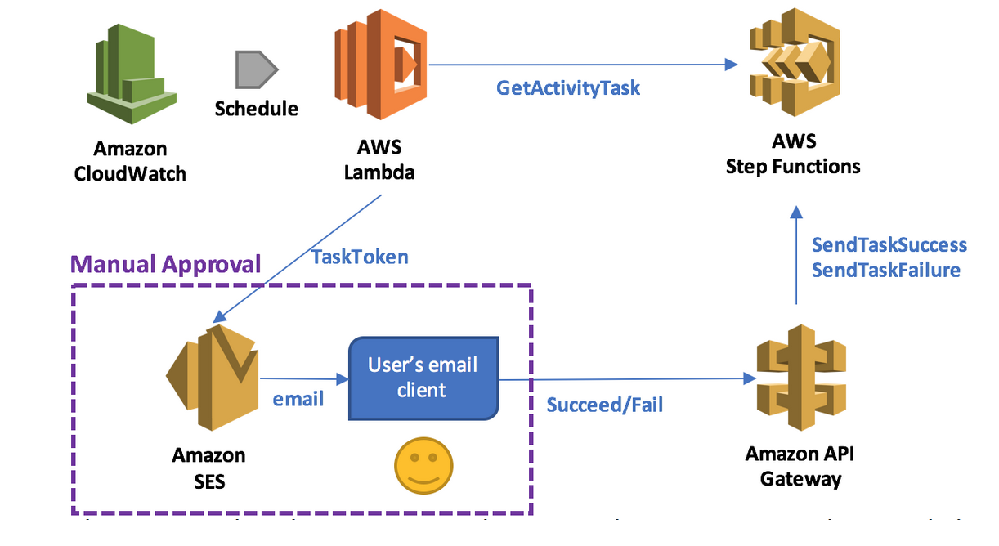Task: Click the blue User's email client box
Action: tap(423, 378)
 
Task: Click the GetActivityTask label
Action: tap(568, 87)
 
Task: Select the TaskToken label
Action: tap(360, 257)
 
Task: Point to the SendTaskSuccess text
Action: tap(889, 245)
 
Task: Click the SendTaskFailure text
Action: tap(885, 271)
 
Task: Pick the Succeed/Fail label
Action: tap(604, 405)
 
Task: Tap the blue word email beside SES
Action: tap(298, 399)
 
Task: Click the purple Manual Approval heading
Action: tap(166, 264)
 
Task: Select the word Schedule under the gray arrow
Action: tap(256, 109)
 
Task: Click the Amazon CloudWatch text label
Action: tap(130, 161)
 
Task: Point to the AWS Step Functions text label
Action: tap(793, 154)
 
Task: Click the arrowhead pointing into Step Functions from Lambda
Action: tap(730, 64)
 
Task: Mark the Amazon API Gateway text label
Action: tap(800, 466)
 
